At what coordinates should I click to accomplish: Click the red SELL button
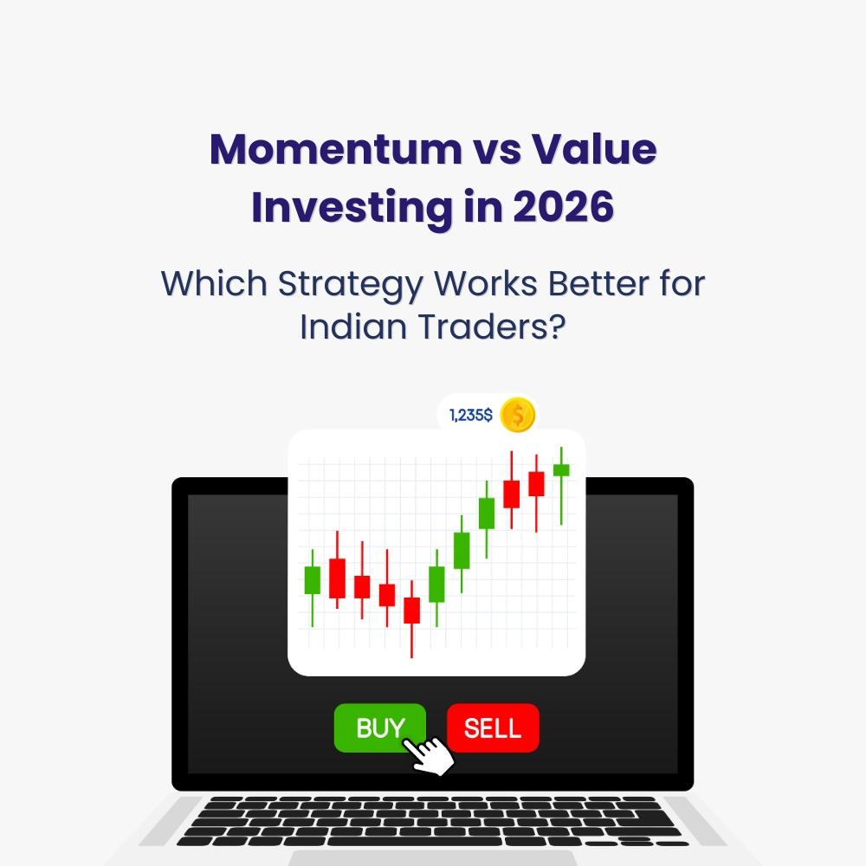coord(493,728)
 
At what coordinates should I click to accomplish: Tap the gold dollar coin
coord(518,415)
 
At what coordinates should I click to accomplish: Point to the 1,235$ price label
coord(471,416)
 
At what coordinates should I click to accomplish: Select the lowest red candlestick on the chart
coord(411,610)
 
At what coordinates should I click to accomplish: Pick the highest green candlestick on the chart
coord(561,470)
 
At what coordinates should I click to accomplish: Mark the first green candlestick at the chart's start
coord(312,579)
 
